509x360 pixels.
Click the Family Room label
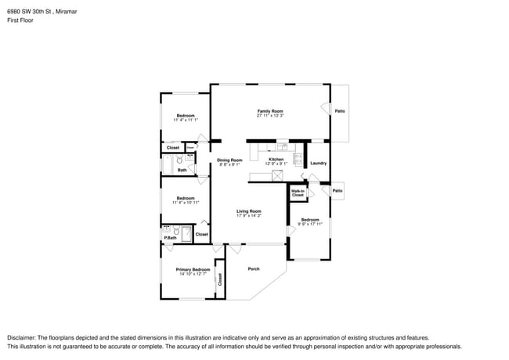(x=269, y=111)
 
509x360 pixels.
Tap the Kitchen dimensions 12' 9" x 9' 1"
(x=276, y=164)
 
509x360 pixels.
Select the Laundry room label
(x=318, y=164)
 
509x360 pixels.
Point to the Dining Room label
(x=229, y=160)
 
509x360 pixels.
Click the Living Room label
(x=249, y=211)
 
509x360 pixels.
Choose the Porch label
(x=253, y=269)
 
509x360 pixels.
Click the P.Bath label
(x=168, y=237)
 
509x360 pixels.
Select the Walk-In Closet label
(x=298, y=193)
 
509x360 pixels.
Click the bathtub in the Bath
(x=167, y=163)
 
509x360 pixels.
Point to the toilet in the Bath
(x=179, y=160)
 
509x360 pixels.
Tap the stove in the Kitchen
(x=298, y=160)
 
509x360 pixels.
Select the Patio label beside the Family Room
(x=340, y=111)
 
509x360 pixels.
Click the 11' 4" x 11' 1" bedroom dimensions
(x=185, y=120)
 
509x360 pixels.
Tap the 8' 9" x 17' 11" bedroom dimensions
(x=310, y=224)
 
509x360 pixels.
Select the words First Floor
(x=20, y=20)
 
